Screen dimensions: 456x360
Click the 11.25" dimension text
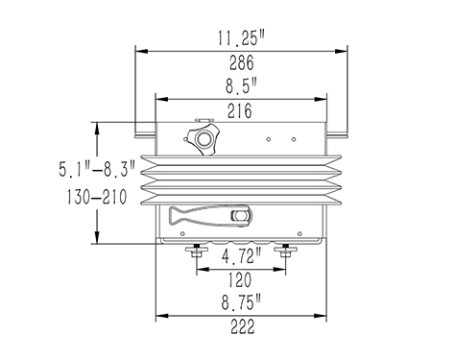tap(242, 38)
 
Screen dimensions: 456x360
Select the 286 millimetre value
tap(242, 62)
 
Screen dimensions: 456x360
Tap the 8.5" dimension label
tap(241, 86)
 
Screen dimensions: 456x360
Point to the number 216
tap(240, 111)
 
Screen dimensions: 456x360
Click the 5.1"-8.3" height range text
tap(97, 169)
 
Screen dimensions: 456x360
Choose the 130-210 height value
tap(97, 197)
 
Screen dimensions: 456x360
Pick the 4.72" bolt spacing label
tap(241, 256)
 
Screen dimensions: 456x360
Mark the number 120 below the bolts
tap(240, 280)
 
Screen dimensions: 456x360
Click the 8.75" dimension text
tap(241, 303)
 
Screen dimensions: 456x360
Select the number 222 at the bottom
tap(243, 326)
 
